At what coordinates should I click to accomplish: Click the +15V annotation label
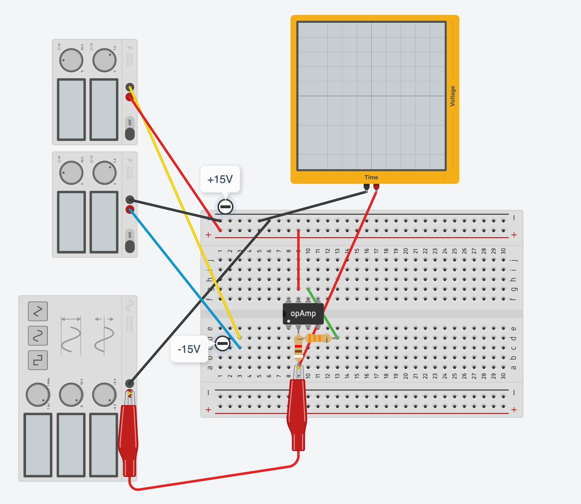point(220,179)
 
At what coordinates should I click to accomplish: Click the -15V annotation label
point(189,349)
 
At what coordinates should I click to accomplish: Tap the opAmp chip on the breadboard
point(303,313)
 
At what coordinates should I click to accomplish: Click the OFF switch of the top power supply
point(130,129)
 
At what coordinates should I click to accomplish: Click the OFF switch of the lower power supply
point(130,241)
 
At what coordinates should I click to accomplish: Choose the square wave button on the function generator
point(38,360)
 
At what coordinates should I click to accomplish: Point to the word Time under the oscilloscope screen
point(371,177)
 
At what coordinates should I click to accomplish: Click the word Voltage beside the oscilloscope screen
point(452,96)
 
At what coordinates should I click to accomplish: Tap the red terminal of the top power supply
point(129,97)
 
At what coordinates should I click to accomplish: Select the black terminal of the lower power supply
point(130,200)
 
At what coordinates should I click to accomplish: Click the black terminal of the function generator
point(129,383)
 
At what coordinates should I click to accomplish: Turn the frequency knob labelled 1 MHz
point(38,394)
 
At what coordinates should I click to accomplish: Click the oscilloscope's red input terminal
point(376,187)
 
